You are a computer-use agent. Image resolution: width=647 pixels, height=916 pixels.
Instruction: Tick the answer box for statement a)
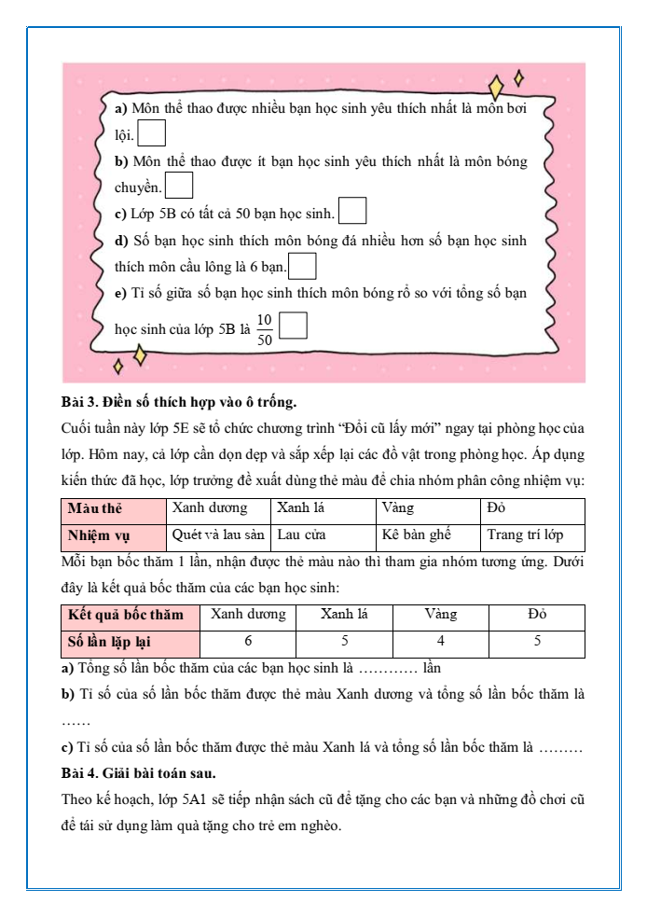[x=152, y=134]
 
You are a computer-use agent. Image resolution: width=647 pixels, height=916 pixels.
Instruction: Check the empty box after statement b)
[x=178, y=187]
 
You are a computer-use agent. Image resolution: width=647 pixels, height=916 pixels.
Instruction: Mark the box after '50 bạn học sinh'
[x=352, y=212]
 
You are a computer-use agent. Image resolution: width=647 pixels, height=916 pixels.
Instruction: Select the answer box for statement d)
[x=303, y=266]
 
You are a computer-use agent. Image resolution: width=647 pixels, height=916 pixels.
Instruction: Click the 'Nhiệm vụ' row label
[x=99, y=536]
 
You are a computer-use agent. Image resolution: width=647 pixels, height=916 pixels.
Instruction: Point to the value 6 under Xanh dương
[x=248, y=642]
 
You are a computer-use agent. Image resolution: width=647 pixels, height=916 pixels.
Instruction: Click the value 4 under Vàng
[x=440, y=642]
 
